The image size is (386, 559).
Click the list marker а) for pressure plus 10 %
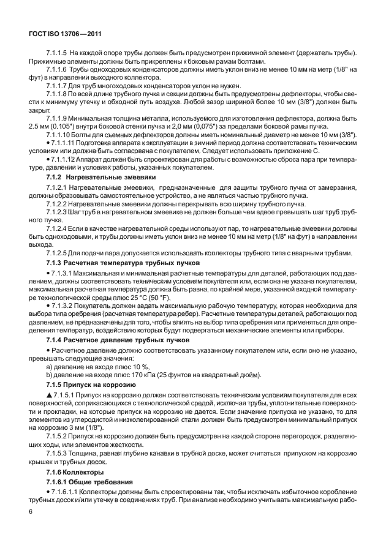(x=50, y=366)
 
